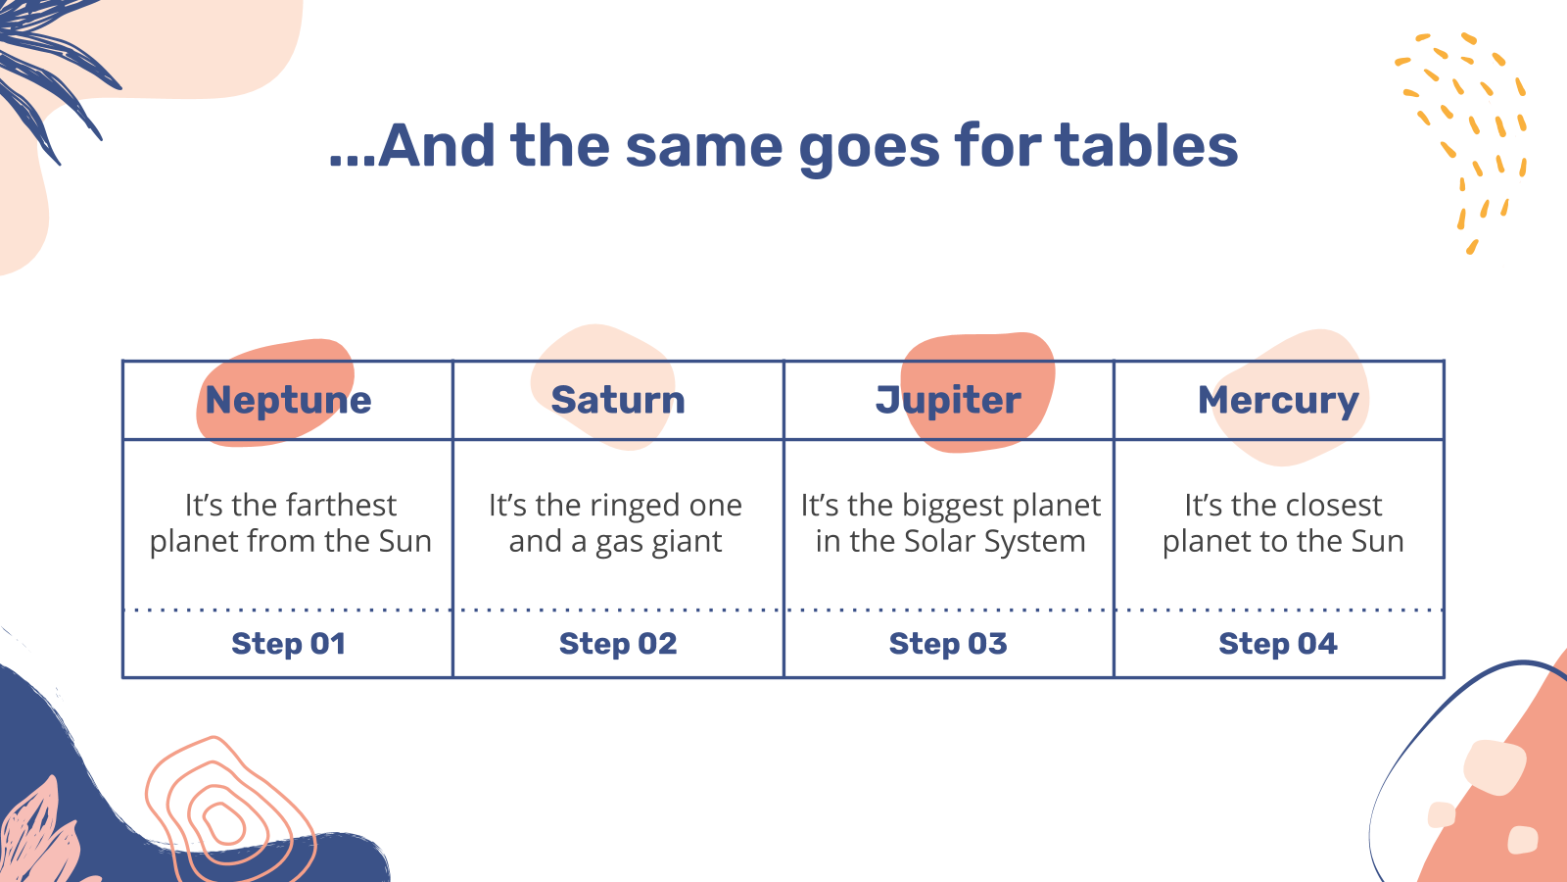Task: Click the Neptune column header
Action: click(288, 401)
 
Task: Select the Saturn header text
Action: click(618, 401)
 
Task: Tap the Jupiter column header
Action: click(948, 401)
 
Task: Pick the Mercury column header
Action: click(1278, 402)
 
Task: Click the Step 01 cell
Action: click(288, 644)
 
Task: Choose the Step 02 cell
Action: click(618, 644)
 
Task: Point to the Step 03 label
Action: click(948, 644)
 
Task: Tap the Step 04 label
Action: click(1278, 644)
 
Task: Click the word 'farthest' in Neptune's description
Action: click(342, 505)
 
